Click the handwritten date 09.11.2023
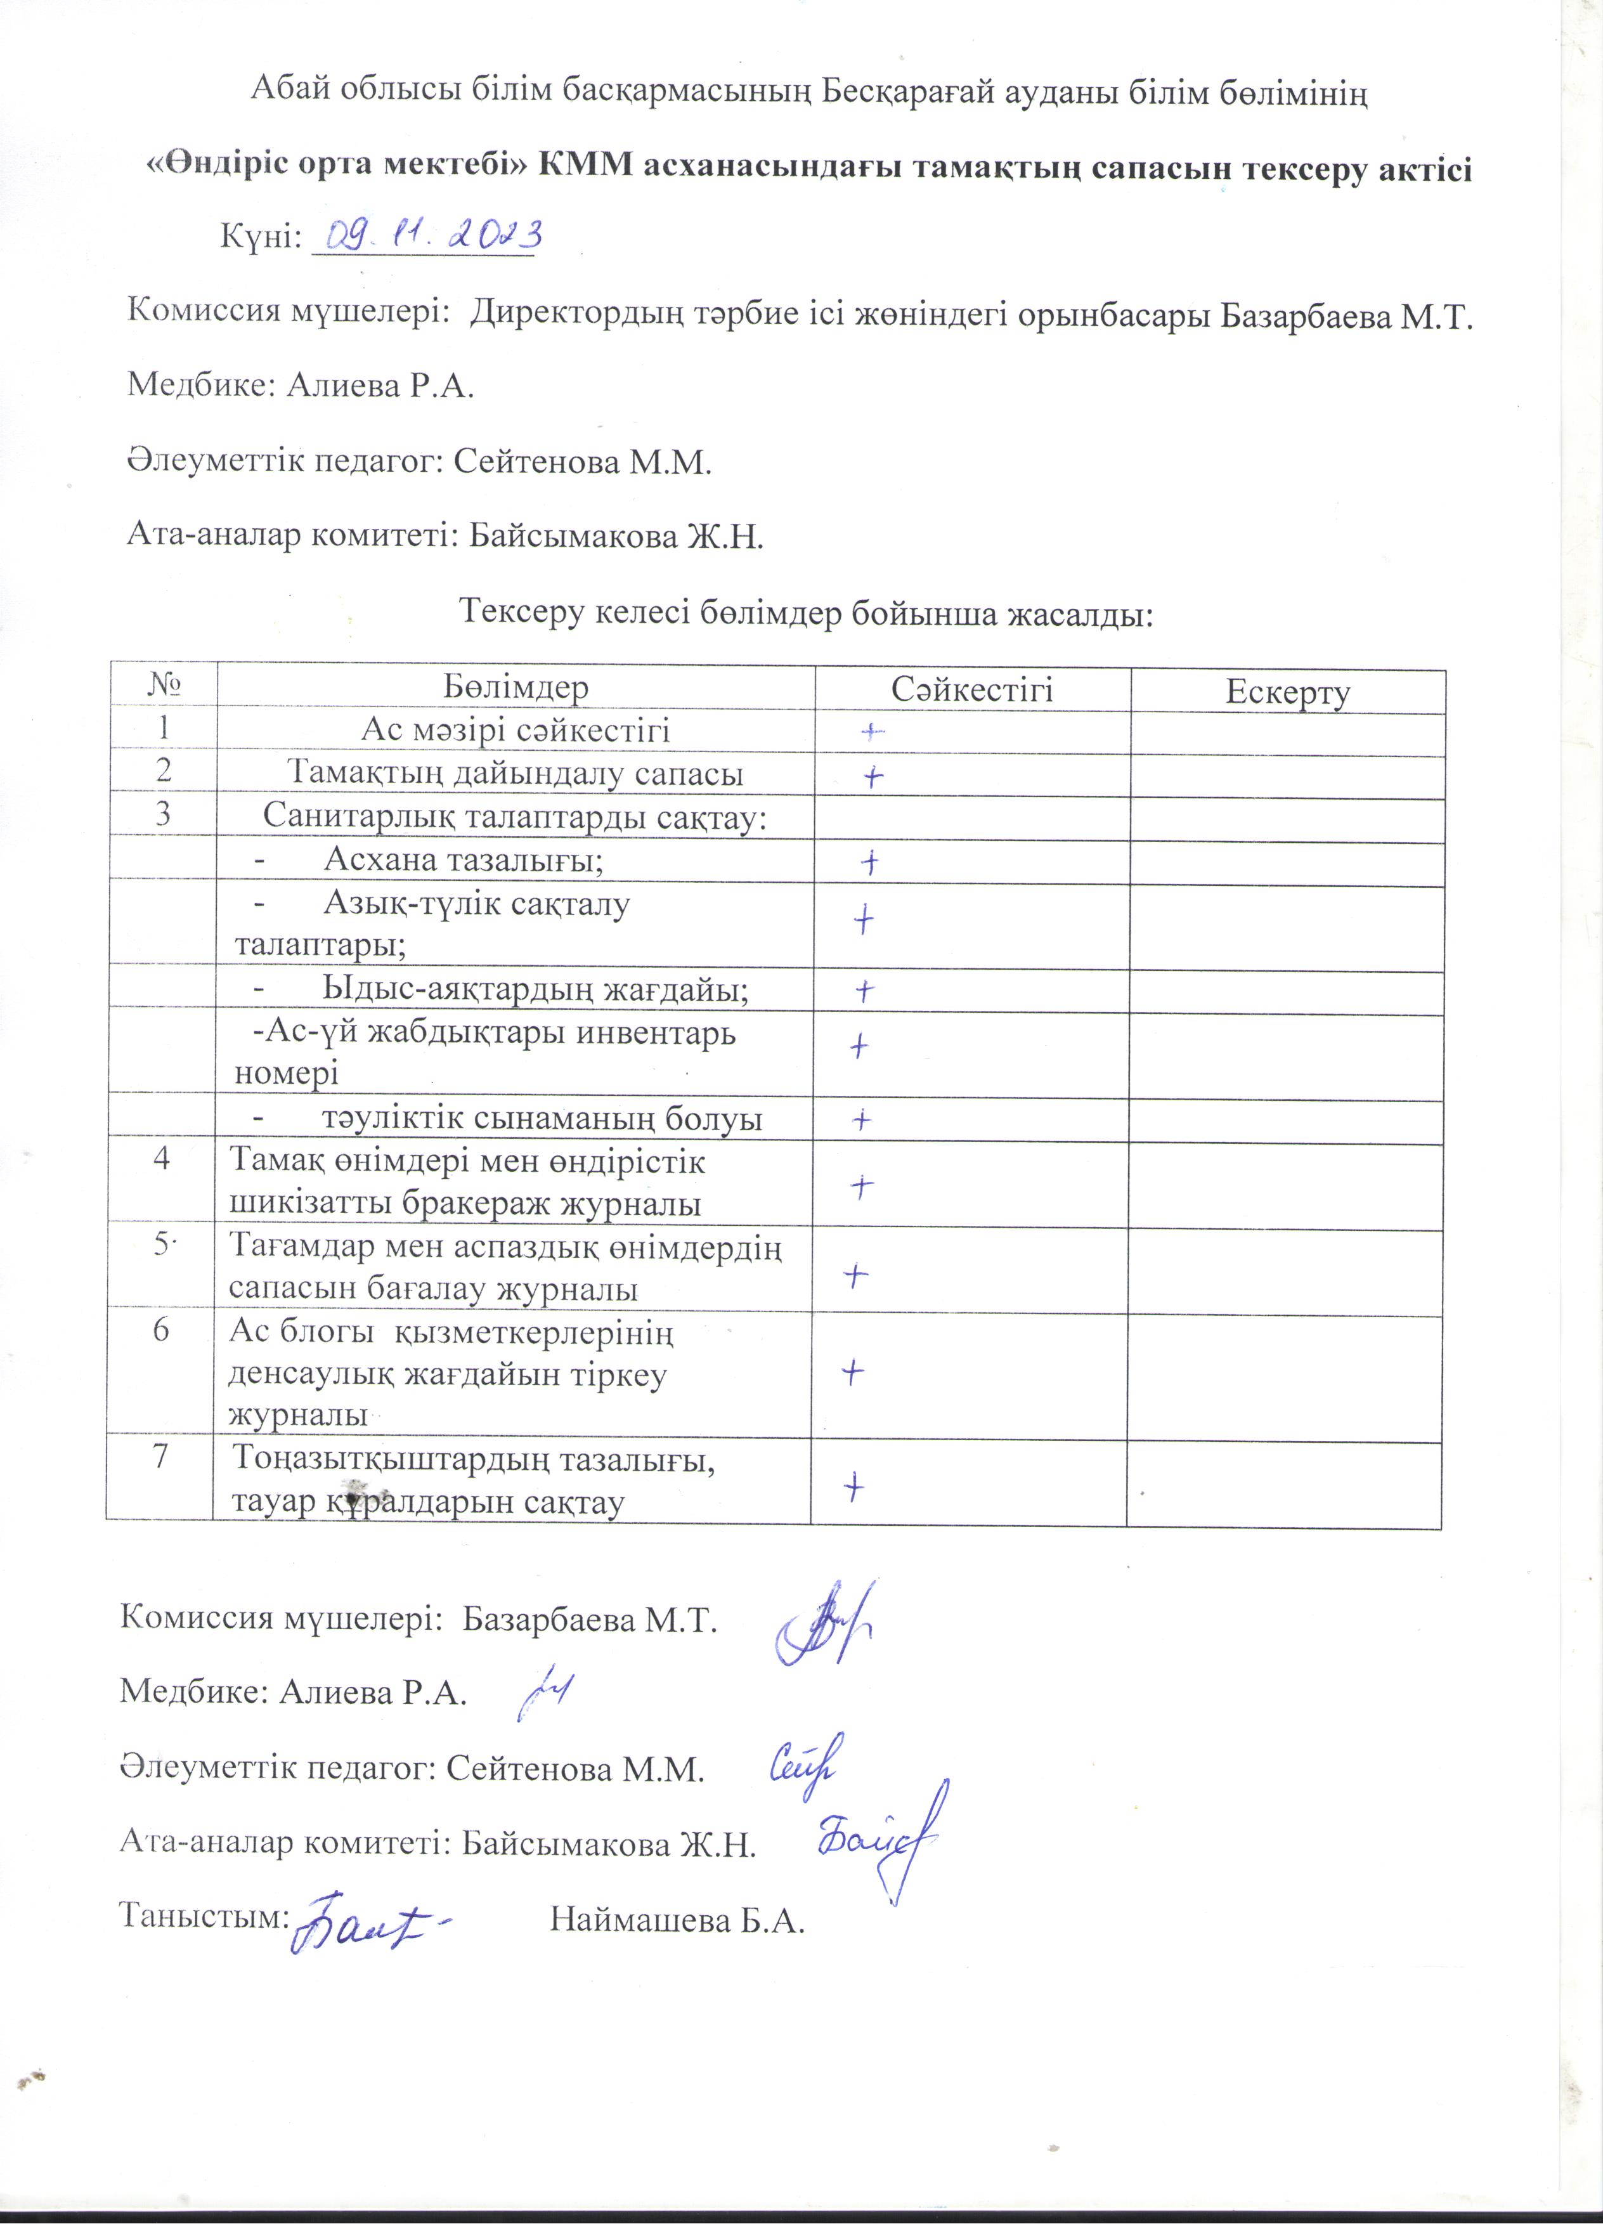(x=427, y=235)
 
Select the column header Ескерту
(x=1287, y=691)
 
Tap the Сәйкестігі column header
(x=971, y=689)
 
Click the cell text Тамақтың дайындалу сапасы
(x=515, y=774)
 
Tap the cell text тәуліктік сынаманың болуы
(x=541, y=1119)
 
